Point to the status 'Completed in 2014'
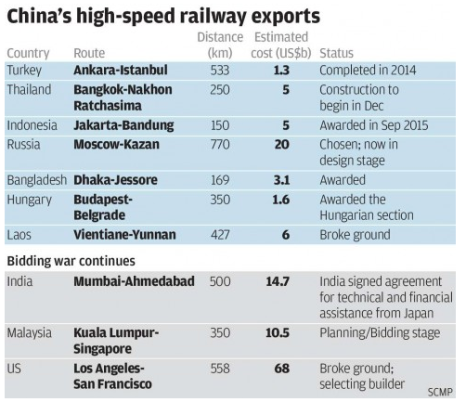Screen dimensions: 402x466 coord(376,71)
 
